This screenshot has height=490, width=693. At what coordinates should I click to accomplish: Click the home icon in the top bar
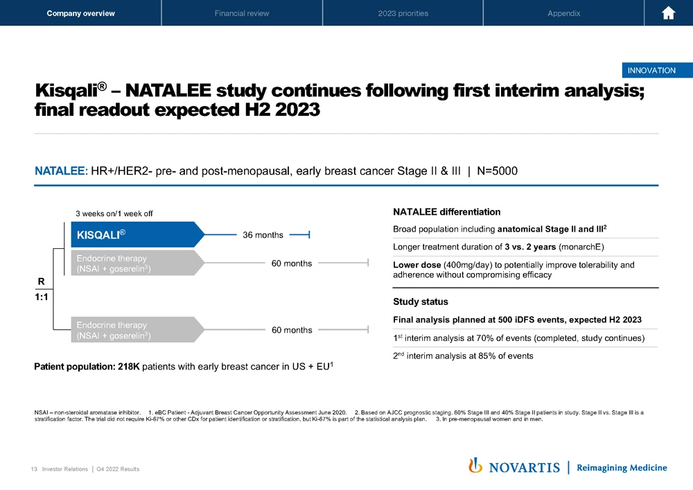[x=669, y=13]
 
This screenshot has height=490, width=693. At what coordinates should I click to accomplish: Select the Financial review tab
[x=242, y=13]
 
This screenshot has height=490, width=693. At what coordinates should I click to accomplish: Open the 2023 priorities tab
[x=403, y=13]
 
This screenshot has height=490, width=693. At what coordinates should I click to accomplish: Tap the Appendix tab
[x=563, y=13]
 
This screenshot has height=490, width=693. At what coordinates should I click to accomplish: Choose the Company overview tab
[x=80, y=13]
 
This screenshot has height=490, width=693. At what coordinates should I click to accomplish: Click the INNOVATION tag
[x=651, y=70]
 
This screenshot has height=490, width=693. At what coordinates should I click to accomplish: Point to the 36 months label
[x=263, y=235]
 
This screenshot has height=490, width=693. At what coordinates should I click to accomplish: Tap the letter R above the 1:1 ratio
[x=41, y=282]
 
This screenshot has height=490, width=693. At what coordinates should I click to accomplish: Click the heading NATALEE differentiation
[x=446, y=211]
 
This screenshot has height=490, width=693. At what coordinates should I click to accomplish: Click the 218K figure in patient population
[x=129, y=367]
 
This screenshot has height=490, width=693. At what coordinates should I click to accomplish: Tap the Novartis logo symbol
[x=475, y=466]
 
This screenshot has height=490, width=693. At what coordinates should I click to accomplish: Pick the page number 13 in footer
[x=33, y=469]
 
